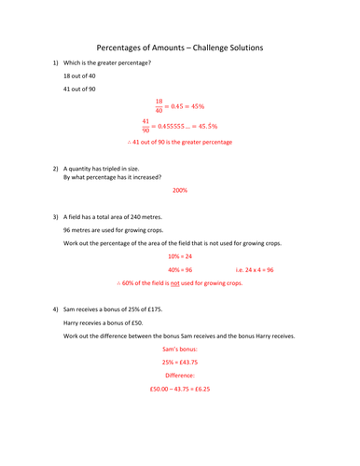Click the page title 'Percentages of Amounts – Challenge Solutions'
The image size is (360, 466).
(x=180, y=47)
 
